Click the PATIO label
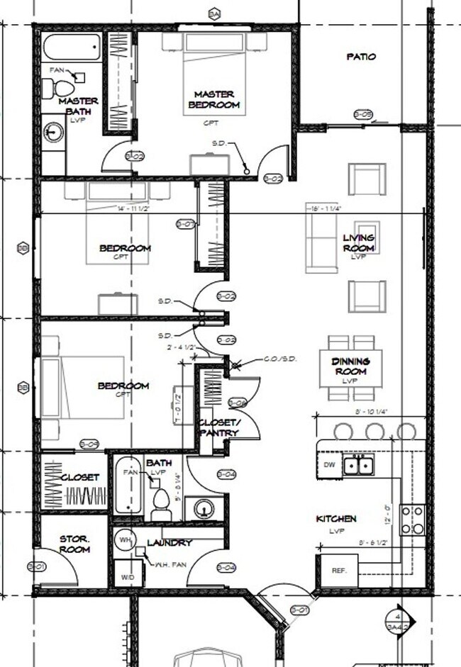[361, 57]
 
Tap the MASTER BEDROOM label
[213, 99]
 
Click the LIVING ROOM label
[358, 242]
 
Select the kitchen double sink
[360, 465]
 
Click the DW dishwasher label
[328, 465]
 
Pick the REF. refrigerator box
[337, 571]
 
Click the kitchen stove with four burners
[412, 520]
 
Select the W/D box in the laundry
[128, 576]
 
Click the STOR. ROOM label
[74, 544]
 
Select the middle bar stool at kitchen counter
[374, 431]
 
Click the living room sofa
[321, 242]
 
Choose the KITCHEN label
[335, 519]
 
